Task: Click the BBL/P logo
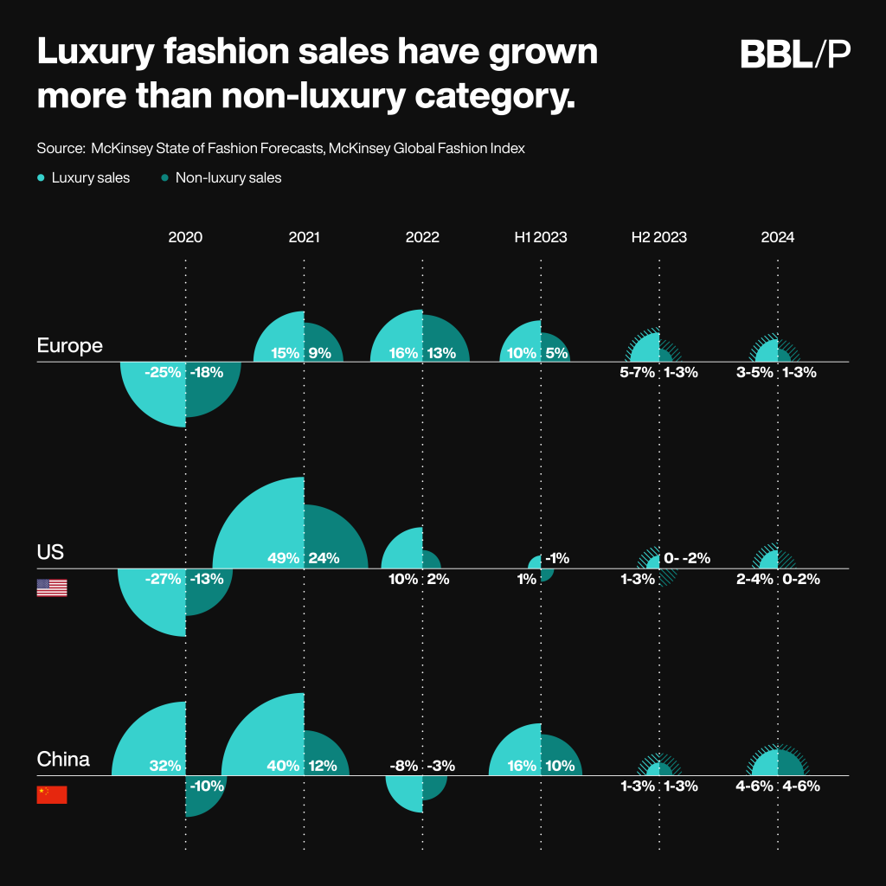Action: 795,55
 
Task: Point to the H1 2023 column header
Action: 539,237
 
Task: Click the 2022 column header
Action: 422,237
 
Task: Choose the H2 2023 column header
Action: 658,237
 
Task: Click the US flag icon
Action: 52,588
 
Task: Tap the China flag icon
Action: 52,795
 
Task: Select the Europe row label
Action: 69,346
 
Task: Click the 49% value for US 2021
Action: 284,558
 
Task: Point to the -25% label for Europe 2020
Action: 163,373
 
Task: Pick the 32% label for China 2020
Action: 164,766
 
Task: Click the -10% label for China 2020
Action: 207,786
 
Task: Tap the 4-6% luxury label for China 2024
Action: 754,786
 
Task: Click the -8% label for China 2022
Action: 402,766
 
